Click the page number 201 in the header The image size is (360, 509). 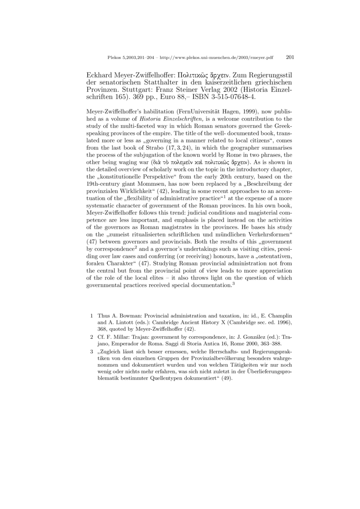click(x=290, y=58)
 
